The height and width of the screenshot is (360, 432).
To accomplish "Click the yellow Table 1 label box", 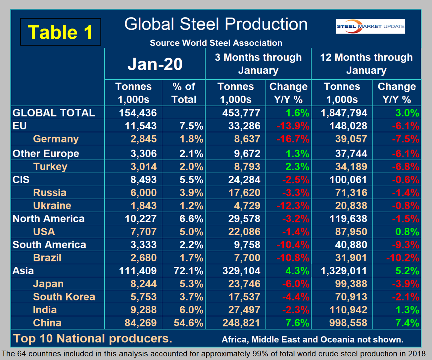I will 61,32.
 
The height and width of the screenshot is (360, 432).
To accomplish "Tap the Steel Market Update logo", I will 370,26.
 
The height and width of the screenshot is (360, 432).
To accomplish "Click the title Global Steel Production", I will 216,24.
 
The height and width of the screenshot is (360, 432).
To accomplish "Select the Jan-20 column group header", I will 155,64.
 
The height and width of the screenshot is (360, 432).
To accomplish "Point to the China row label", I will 47,323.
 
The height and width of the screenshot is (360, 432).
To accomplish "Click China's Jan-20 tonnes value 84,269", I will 141,323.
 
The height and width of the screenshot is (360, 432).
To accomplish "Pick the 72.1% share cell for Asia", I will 188,271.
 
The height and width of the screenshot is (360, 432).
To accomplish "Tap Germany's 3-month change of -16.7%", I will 293,139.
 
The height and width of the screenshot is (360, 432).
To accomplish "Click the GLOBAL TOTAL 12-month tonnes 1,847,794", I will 344,113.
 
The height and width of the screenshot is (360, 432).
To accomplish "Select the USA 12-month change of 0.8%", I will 407,232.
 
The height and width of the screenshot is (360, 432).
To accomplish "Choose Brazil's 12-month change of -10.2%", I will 403,258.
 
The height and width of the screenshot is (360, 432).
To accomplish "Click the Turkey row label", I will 50,166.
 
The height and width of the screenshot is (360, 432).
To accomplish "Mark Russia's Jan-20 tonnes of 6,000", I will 143,193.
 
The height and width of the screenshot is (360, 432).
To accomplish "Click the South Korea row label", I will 64,297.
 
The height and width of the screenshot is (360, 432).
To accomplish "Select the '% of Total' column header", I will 184,93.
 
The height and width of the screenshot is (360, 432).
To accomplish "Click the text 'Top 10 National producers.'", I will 93,338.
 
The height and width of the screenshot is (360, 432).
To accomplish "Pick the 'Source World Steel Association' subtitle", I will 216,43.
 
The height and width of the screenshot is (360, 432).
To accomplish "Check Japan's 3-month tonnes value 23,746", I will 244,284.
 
